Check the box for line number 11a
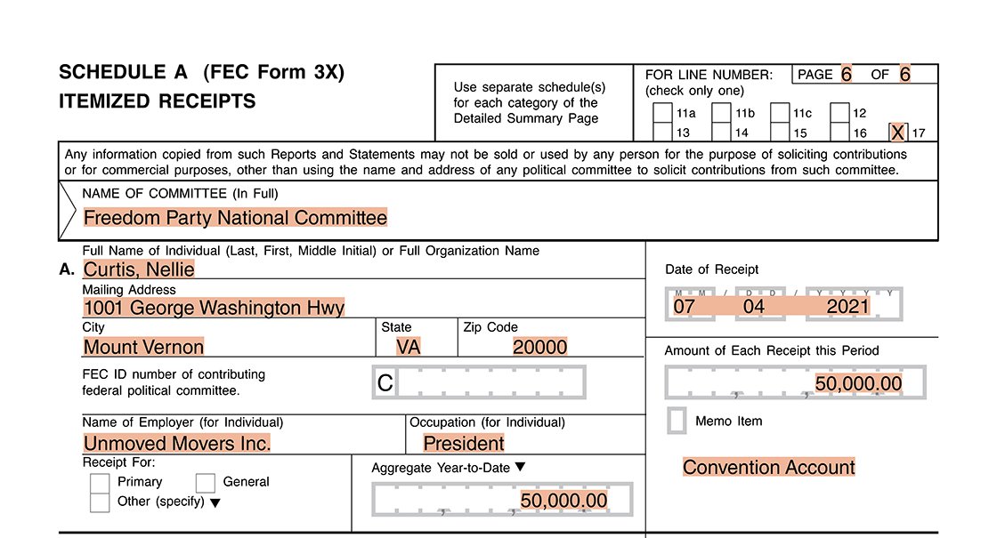tap(663, 114)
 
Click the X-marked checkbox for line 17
tap(898, 132)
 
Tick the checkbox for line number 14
tap(722, 132)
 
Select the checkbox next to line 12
tap(839, 114)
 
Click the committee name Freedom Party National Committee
tap(235, 218)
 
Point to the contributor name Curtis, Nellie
tap(139, 269)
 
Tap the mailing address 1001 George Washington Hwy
tap(214, 308)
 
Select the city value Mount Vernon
tap(143, 347)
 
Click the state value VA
tap(408, 347)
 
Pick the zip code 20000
tap(539, 347)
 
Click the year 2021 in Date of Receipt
tap(847, 308)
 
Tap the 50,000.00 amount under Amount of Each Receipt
tap(858, 384)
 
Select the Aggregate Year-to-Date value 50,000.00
tap(563, 501)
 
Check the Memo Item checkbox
tap(677, 422)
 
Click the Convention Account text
tap(769, 468)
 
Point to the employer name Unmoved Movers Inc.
tap(177, 444)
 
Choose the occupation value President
tap(463, 444)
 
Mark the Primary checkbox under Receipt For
tap(100, 483)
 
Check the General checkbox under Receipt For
tap(206, 483)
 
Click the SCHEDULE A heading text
tap(124, 73)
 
